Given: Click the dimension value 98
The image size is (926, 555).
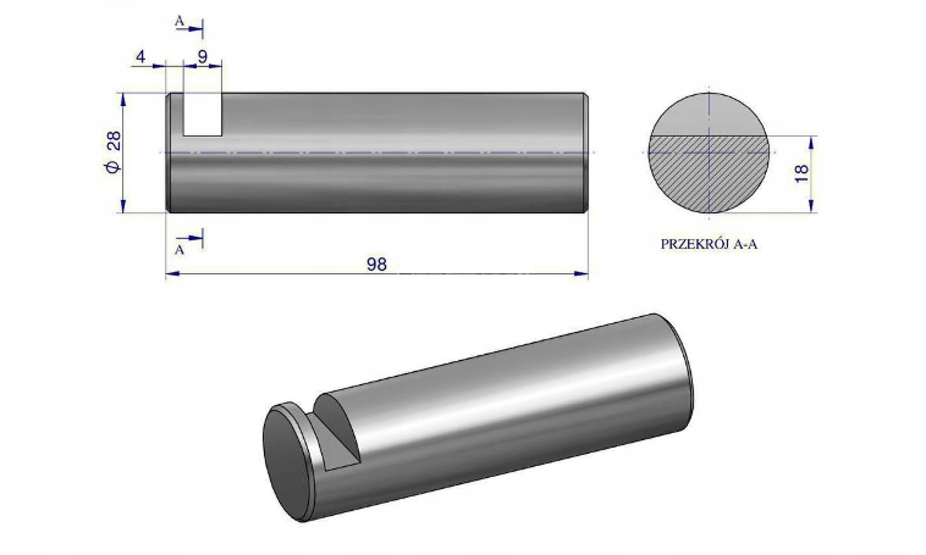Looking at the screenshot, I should click(376, 265).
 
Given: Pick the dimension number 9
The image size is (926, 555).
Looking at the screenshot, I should click(202, 57).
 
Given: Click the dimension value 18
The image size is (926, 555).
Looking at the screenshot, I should click(801, 173).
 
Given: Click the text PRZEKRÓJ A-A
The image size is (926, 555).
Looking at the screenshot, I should click(708, 244).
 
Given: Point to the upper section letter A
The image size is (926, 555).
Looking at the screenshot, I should click(180, 21).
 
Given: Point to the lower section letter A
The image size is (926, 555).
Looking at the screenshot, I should click(180, 250).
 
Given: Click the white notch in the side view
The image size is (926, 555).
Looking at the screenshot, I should click(202, 115).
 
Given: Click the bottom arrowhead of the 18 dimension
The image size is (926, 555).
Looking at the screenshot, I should click(811, 206).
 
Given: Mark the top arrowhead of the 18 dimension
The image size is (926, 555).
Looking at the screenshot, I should click(811, 142).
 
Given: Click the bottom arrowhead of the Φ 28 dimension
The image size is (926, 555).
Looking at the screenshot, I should click(123, 206).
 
